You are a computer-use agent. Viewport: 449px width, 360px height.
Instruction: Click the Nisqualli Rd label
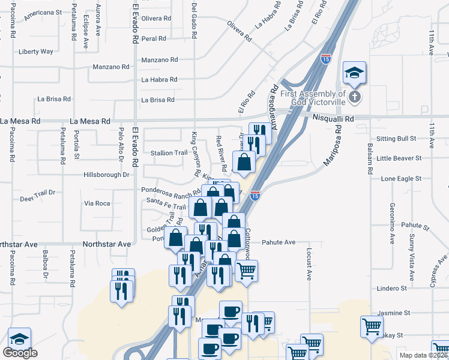pyautogui.click(x=333, y=119)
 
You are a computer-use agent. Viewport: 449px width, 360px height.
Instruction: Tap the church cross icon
pyautogui.click(x=354, y=96)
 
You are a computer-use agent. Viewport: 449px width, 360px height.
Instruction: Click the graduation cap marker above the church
pyautogui.click(x=355, y=73)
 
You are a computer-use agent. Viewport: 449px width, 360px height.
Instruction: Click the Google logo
pyautogui.click(x=20, y=353)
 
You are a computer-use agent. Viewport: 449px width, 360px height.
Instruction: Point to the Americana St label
pyautogui.click(x=43, y=12)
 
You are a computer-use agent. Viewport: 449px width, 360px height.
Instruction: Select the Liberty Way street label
pyautogui.click(x=36, y=52)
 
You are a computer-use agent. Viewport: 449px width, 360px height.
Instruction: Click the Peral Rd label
pyautogui.click(x=154, y=38)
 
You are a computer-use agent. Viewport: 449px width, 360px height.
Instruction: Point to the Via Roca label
pyautogui.click(x=97, y=203)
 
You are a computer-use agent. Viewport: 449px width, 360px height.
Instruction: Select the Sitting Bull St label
pyautogui.click(x=396, y=139)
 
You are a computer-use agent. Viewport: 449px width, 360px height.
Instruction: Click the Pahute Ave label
pyautogui.click(x=279, y=242)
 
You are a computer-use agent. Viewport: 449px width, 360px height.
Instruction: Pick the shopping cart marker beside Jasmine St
pyautogui.click(x=372, y=326)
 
